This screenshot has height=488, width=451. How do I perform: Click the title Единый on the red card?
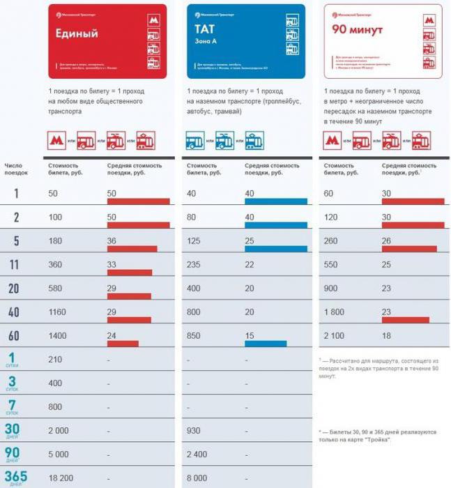tap(77, 33)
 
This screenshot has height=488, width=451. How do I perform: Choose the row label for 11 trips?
tap(13, 265)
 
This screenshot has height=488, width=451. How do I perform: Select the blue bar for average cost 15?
tap(266, 344)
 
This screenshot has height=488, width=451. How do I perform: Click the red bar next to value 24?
tap(123, 344)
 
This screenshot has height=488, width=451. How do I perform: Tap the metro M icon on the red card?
tap(153, 21)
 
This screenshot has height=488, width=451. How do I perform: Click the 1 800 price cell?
tap(335, 312)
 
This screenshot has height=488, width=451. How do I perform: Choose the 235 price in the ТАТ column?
tap(194, 265)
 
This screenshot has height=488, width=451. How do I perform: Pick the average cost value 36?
tap(112, 241)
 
